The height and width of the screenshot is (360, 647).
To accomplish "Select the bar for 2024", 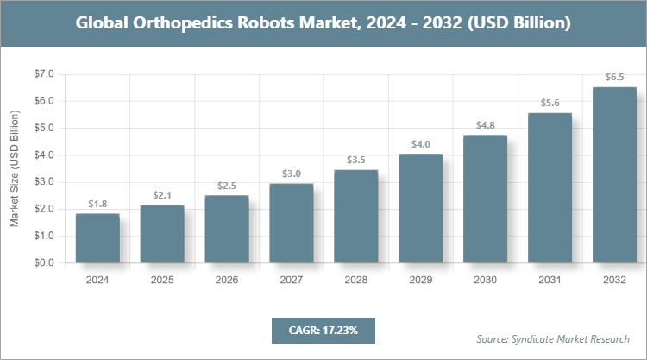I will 97,238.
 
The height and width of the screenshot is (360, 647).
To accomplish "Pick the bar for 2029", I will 421,208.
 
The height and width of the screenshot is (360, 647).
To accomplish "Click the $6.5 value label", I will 614,78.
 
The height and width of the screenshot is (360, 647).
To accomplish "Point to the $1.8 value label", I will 97,204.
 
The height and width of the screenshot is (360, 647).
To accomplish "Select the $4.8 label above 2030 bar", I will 486,125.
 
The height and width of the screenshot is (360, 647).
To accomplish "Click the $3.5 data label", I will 356,160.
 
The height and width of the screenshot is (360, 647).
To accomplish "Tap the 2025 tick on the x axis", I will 162,281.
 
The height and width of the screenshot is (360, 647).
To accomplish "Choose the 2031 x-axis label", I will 550,281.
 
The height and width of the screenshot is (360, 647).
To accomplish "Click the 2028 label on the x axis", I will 356,281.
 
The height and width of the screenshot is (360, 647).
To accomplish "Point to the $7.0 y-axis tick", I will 43,74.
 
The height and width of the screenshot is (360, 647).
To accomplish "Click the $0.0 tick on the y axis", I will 43,262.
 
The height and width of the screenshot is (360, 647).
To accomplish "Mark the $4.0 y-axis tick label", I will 43,155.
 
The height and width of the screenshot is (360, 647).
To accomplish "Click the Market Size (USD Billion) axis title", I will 14,169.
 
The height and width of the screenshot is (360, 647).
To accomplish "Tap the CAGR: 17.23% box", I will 323,330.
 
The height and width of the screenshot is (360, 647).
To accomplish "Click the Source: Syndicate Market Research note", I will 552,338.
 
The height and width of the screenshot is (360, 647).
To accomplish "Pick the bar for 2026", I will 227,229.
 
